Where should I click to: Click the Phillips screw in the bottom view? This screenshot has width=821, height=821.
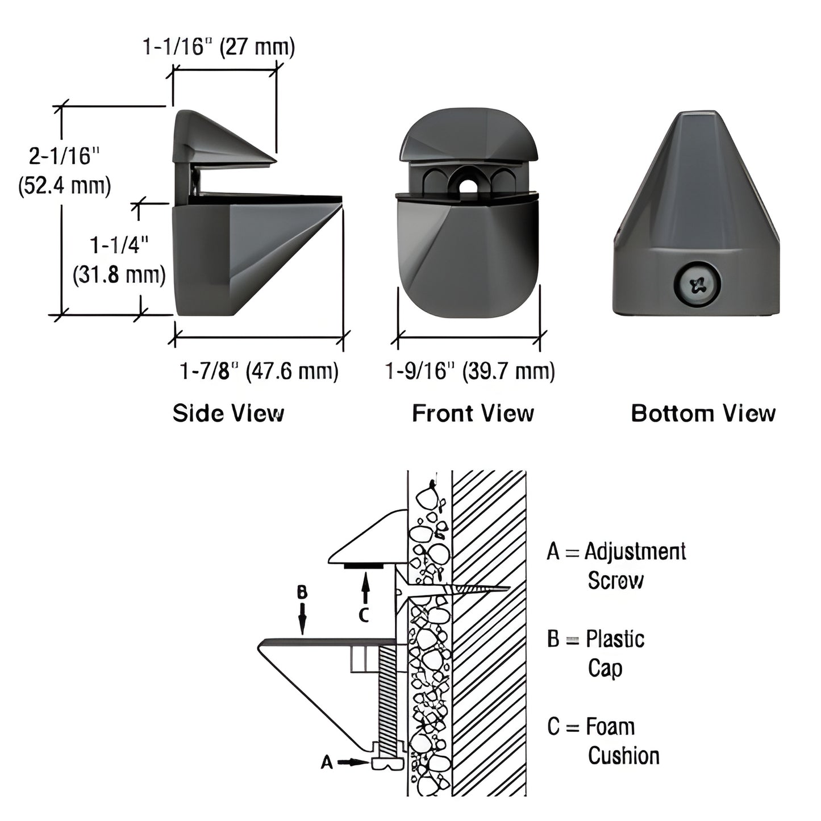(698, 284)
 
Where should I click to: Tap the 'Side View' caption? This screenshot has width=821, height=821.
(228, 413)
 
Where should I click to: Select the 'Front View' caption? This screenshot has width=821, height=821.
(473, 413)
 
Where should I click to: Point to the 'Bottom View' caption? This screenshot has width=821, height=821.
(703, 413)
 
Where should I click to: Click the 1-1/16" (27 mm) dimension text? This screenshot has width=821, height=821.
(219, 47)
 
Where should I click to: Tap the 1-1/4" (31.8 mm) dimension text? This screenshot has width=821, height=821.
(119, 260)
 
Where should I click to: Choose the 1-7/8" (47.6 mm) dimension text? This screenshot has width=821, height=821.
(259, 372)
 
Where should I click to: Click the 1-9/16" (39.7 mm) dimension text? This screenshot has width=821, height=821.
(470, 372)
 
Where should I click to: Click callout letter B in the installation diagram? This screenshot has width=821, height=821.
(302, 593)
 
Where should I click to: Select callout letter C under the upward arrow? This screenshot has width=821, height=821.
(364, 614)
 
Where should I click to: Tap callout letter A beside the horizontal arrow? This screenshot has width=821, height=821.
(327, 762)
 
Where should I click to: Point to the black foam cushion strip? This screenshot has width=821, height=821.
(363, 565)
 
